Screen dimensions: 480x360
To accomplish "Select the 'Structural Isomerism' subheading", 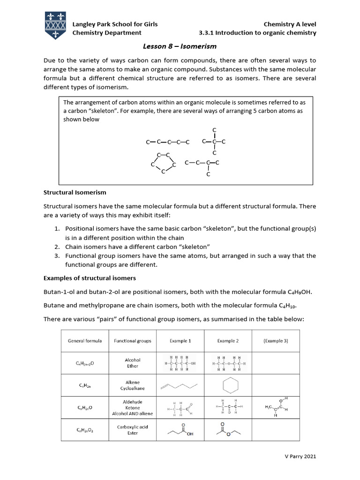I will tap(75, 192).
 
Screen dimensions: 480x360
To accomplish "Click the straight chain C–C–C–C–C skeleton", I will tap(167, 142).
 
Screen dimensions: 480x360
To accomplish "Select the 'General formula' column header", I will tap(85, 341).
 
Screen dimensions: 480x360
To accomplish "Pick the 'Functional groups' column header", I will tap(133, 341).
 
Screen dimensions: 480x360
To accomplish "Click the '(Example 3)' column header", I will tap(276, 341).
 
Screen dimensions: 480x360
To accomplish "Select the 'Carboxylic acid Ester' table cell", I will tap(133, 430).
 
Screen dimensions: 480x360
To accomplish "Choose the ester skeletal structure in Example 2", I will tap(228, 429).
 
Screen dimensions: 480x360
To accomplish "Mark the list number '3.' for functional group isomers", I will tap(56, 256).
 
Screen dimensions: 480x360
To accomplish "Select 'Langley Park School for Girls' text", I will tap(114, 24).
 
